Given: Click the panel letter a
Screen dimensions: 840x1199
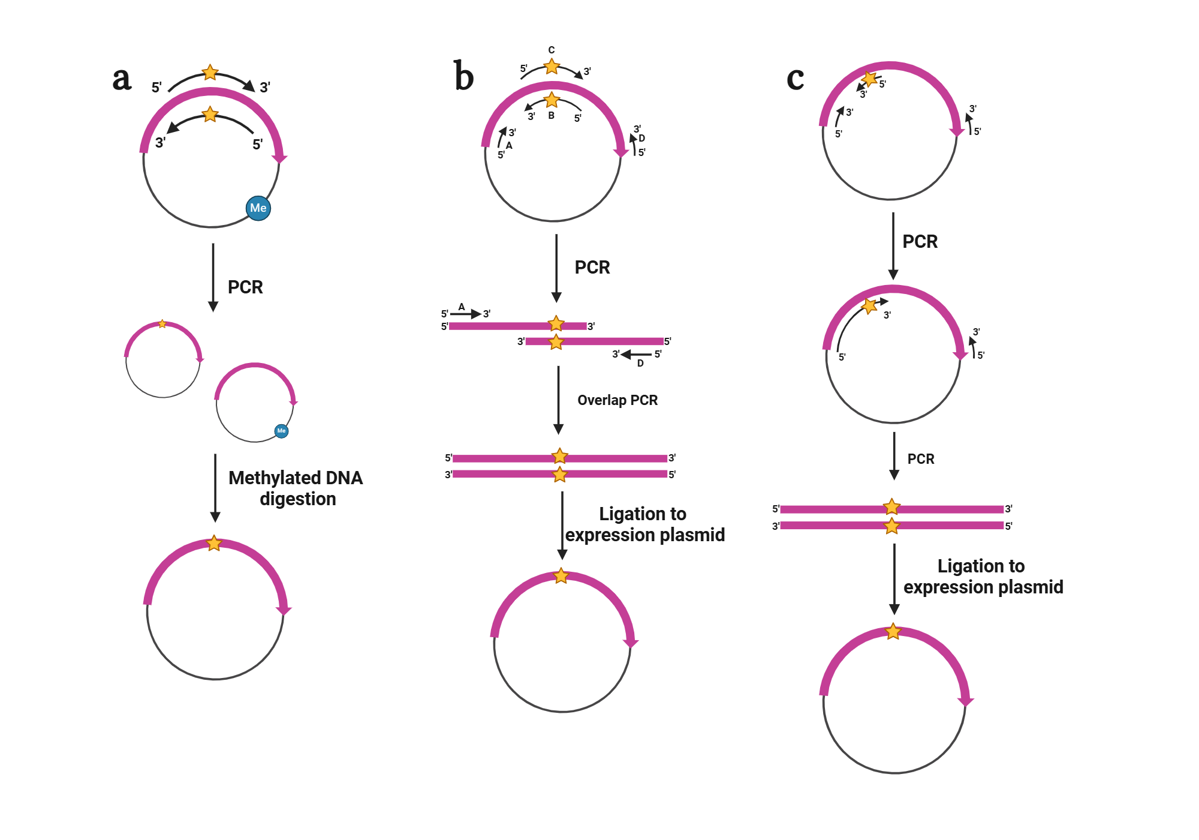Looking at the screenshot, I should tap(122, 79).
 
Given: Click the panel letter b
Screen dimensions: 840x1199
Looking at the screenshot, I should tap(463, 76).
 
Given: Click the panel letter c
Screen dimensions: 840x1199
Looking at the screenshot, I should tap(795, 79).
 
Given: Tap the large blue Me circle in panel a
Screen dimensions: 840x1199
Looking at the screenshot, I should tap(258, 208).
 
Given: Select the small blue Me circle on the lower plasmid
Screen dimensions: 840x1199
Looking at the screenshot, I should tap(281, 431).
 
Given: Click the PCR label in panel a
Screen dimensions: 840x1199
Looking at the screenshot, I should tap(245, 287).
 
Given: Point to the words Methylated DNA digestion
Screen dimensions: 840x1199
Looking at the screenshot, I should tap(296, 488).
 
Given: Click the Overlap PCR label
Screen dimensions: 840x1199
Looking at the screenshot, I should tap(617, 400).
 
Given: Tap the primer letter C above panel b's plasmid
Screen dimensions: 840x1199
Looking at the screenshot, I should tap(552, 50).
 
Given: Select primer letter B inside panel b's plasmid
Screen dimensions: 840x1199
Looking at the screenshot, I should tap(552, 115).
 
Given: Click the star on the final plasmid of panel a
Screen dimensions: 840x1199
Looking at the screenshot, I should tap(214, 544).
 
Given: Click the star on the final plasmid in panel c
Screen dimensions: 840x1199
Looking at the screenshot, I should tap(893, 631).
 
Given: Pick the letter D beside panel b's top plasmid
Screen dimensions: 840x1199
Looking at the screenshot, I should tap(641, 138).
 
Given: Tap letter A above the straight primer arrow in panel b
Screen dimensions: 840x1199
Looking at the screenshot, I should tap(462, 307).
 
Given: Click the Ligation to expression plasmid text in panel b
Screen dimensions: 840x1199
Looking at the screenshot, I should tap(644, 524).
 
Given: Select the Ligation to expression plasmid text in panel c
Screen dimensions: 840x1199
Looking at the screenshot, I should tap(983, 576).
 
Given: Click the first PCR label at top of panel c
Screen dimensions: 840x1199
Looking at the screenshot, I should tap(920, 241).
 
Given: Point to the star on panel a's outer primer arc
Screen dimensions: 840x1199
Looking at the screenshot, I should tap(210, 73).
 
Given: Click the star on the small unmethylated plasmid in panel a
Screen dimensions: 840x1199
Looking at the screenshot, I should tap(162, 324).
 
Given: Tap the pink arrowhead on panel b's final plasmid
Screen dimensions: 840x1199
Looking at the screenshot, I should tap(631, 643).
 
